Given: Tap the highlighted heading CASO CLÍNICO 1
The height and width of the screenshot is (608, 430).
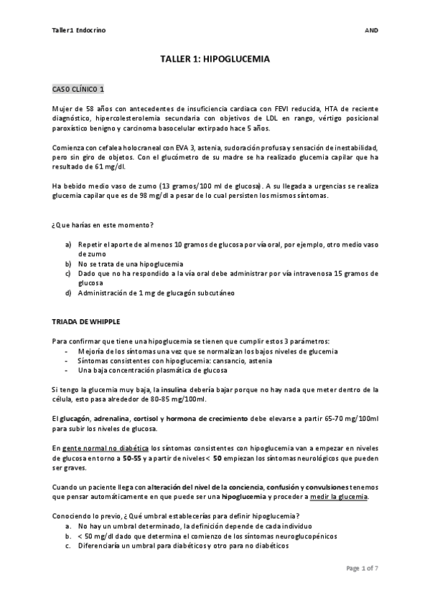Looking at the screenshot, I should (79, 89).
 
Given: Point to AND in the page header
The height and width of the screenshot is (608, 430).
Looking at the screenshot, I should (372, 31).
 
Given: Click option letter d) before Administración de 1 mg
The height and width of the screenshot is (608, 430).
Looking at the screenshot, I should (68, 292).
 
